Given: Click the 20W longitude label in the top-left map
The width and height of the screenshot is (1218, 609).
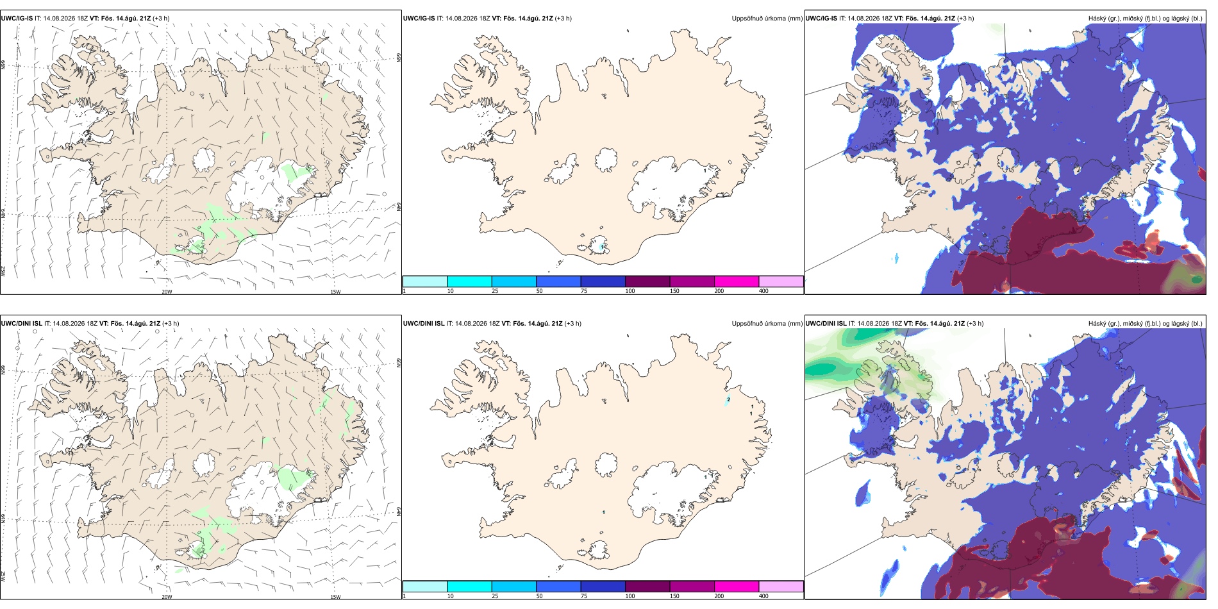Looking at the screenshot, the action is click(167, 292).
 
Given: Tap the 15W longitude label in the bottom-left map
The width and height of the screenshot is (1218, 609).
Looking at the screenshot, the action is click(335, 597).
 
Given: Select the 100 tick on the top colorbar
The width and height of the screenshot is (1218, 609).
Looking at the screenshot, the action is click(630, 291).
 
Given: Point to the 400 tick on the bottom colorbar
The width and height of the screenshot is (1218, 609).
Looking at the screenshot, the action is click(763, 596).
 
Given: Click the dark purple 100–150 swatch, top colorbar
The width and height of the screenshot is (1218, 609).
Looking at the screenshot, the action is click(647, 281).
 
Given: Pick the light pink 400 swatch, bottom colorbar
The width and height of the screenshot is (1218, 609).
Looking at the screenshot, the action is click(781, 587).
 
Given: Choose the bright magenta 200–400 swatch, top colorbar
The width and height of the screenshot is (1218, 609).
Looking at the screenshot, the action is click(737, 281).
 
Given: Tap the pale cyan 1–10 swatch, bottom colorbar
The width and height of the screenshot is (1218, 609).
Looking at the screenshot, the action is click(425, 587).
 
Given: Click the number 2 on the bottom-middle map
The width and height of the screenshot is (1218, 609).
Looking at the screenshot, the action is click(729, 399).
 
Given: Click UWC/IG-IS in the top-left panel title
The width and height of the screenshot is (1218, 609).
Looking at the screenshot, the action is click(17, 19).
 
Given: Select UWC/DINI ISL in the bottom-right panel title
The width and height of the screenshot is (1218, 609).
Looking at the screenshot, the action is click(826, 324).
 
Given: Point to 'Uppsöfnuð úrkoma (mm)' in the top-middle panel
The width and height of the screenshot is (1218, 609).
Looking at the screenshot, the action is click(767, 19).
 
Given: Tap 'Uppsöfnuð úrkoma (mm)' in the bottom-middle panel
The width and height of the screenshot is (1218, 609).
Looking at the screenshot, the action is click(767, 324).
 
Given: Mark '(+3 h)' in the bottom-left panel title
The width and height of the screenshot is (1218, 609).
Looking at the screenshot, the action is click(171, 324).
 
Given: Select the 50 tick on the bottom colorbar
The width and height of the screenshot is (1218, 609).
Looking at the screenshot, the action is click(540, 596).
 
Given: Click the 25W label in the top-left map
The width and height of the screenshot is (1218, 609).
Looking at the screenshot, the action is click(3, 272).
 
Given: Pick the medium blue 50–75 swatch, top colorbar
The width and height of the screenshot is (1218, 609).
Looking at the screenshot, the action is click(558, 281).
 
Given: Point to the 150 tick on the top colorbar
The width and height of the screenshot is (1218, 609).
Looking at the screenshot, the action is click(674, 291).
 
